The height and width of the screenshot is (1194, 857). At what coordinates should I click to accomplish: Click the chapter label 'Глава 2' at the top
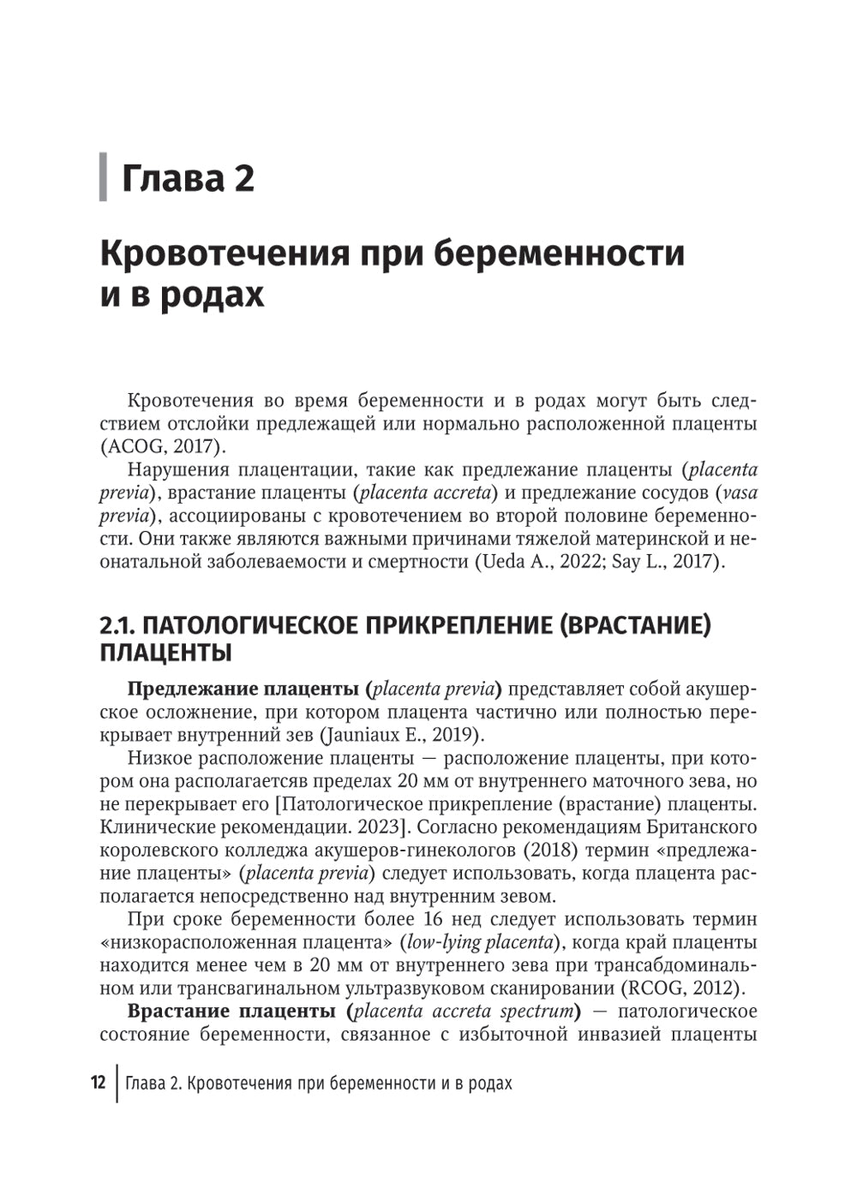coord(189,178)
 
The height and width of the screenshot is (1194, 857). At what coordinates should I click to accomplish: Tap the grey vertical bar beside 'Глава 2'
coord(104,177)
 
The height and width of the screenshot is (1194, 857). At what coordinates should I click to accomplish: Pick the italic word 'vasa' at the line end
coord(740,493)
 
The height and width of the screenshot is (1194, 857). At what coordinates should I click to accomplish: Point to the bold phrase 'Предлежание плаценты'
coord(243,689)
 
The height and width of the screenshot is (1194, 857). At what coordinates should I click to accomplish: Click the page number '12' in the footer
coord(98,1083)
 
